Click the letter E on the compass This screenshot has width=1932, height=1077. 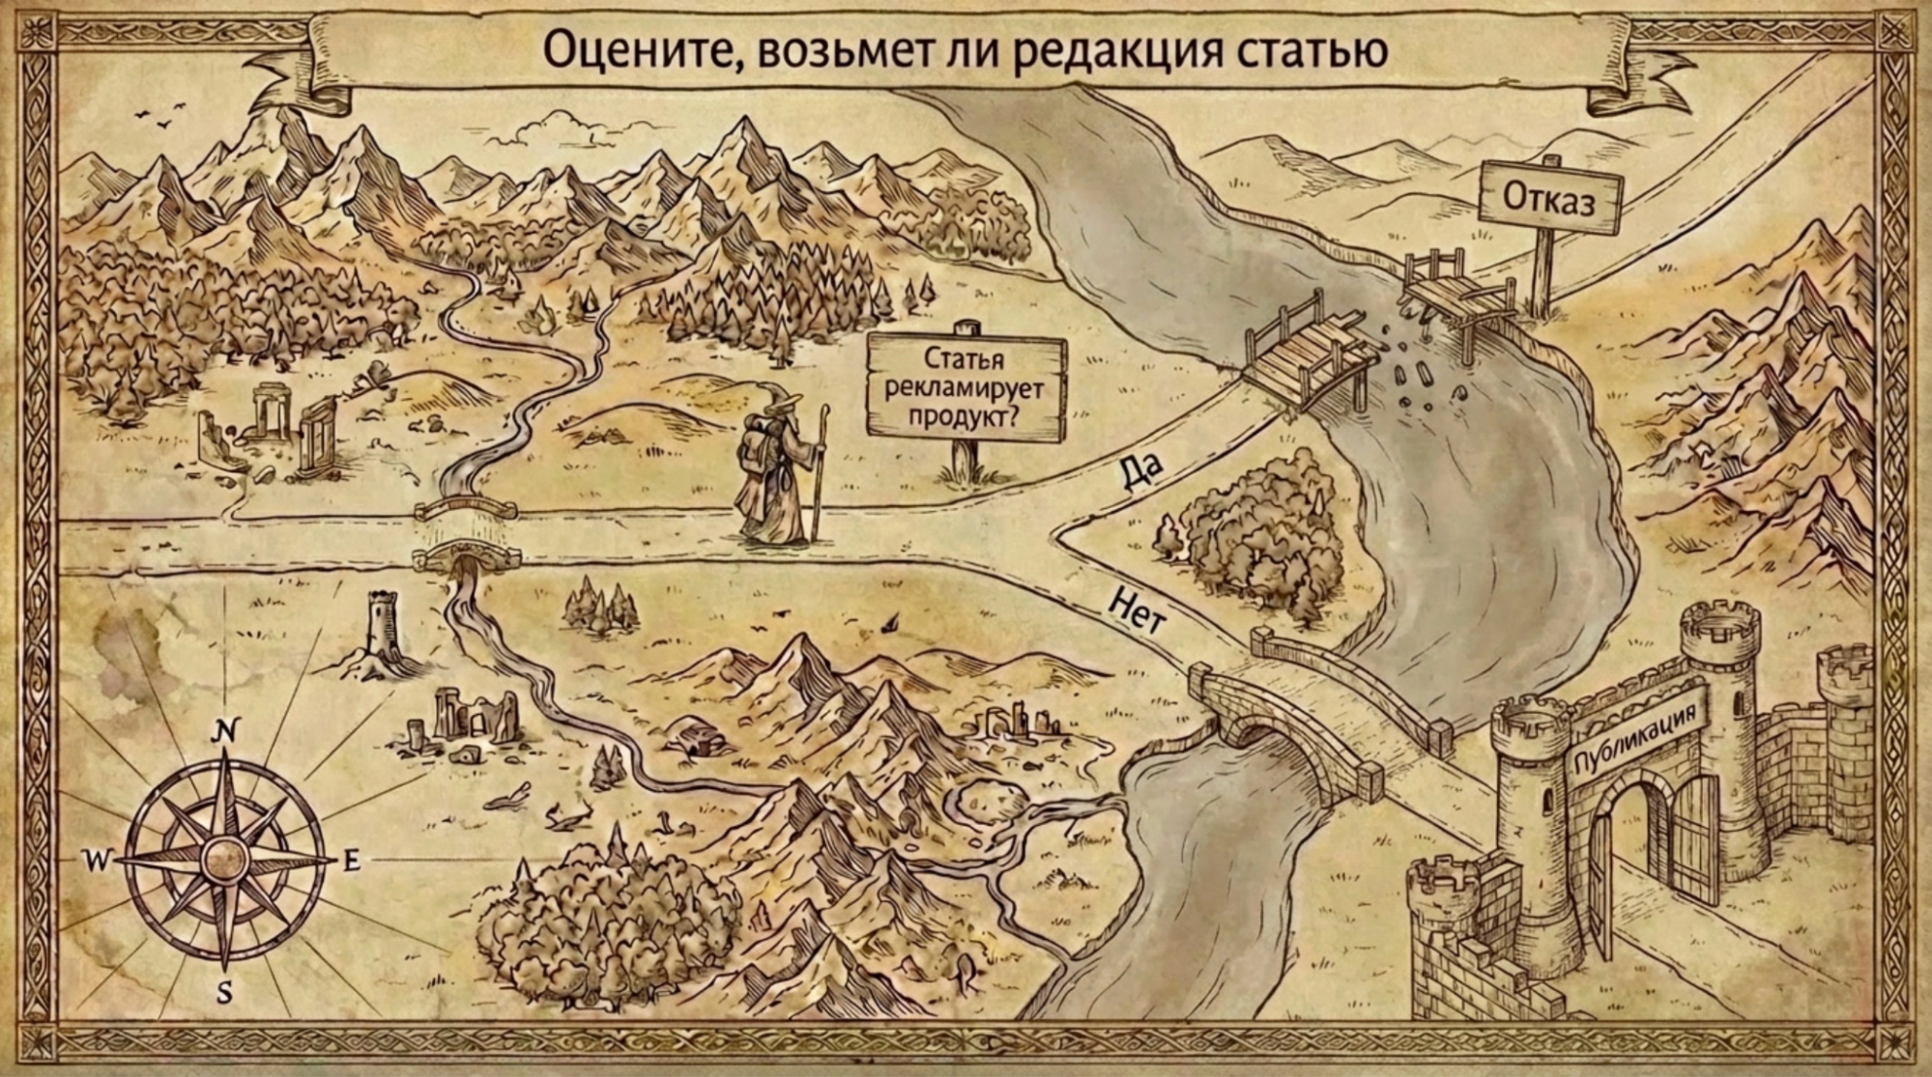coord(352,861)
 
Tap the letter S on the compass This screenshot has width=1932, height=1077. coord(225,992)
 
